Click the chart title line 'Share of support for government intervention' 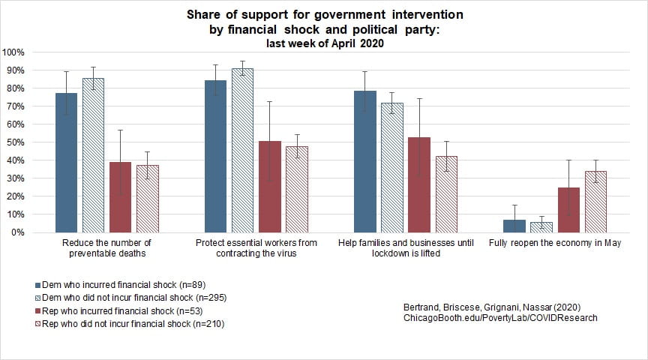[x=324, y=15]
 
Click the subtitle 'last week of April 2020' [x=324, y=43]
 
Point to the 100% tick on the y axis [x=14, y=52]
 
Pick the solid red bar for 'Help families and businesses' [x=419, y=184]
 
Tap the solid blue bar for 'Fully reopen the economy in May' [x=514, y=226]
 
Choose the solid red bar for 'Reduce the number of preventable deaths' [x=120, y=197]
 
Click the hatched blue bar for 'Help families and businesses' [x=392, y=167]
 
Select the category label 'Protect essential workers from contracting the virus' [x=256, y=247]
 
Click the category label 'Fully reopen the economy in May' [x=555, y=243]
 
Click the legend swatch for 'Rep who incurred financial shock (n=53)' [x=38, y=311]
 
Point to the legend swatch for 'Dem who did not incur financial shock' [x=38, y=298]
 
